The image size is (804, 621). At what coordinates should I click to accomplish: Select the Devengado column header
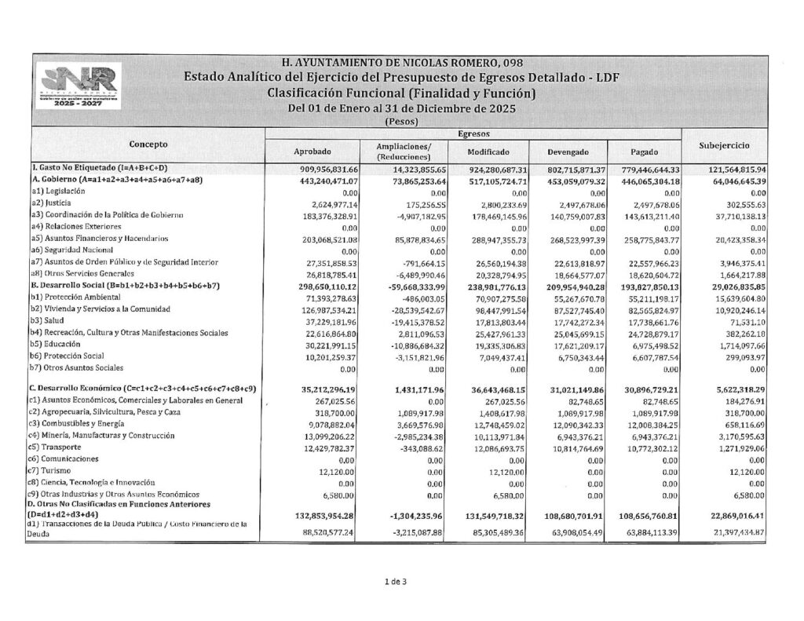(x=569, y=152)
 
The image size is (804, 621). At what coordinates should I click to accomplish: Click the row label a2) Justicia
(x=53, y=203)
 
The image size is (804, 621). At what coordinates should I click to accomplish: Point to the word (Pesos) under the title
(x=401, y=122)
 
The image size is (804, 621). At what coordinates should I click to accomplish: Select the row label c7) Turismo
(x=53, y=469)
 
